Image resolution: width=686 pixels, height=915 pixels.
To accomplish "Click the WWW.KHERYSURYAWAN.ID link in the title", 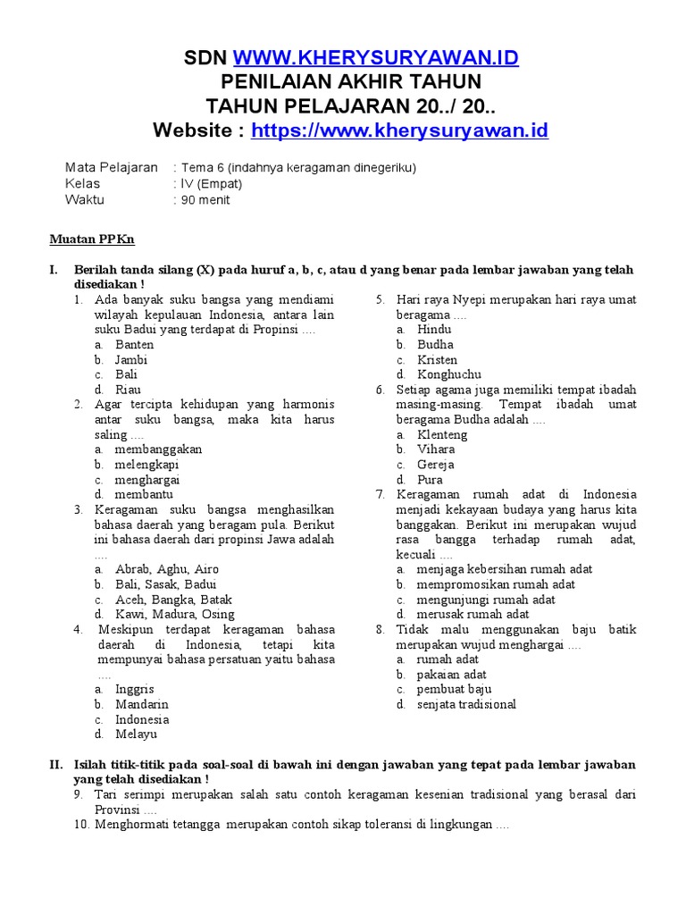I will [x=376, y=59].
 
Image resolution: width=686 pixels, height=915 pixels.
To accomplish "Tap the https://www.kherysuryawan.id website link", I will [x=399, y=131].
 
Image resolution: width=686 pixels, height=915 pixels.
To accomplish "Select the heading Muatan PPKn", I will [x=91, y=239].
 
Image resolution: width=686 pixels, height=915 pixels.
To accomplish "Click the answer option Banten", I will [x=134, y=345].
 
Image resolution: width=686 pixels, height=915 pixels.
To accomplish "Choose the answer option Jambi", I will [x=131, y=360].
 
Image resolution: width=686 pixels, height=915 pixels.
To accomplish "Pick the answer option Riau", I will [x=128, y=390].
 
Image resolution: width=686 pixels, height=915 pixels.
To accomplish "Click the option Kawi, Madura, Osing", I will [x=175, y=615].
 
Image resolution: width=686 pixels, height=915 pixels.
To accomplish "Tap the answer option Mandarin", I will [x=142, y=704].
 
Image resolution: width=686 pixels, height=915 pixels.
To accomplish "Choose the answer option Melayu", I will [x=136, y=735].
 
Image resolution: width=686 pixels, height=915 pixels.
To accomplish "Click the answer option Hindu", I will [x=434, y=330].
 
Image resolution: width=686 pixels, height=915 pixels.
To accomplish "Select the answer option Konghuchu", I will [x=449, y=375].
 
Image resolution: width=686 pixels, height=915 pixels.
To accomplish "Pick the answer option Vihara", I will [x=436, y=449].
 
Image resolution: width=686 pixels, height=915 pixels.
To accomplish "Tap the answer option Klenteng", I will [x=442, y=435].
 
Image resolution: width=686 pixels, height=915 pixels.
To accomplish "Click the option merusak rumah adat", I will [x=473, y=615].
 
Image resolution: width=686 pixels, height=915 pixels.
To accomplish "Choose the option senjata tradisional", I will [x=466, y=704].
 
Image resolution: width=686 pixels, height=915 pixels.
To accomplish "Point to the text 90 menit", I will [x=205, y=200].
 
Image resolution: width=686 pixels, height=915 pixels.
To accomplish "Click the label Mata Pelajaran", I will [x=112, y=167].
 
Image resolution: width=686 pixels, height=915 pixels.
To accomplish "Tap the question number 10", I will [x=83, y=825].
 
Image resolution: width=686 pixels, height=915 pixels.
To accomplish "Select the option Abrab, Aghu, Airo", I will [x=167, y=569].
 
